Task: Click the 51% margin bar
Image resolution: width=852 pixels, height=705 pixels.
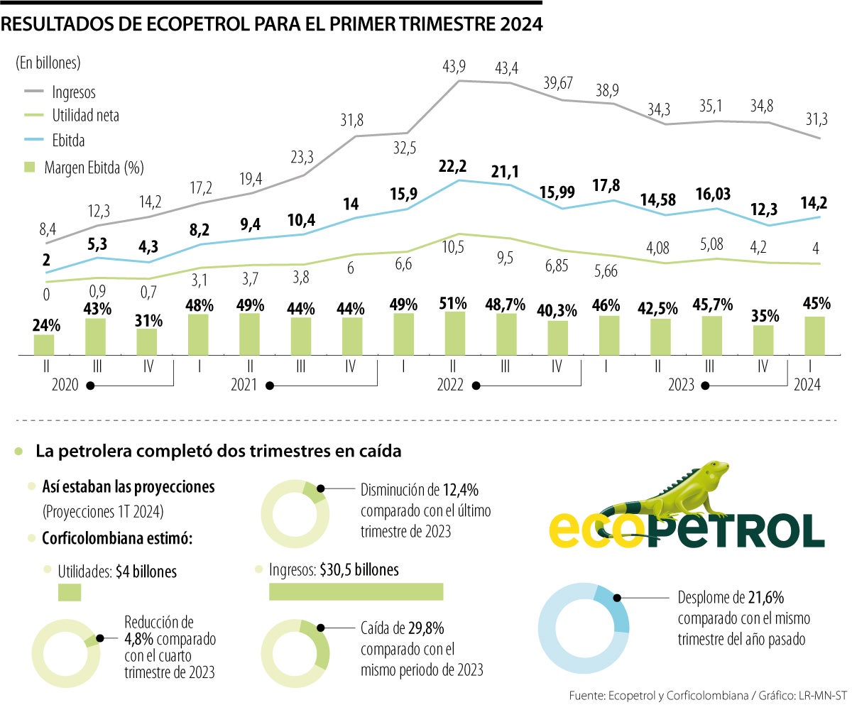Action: click(x=455, y=332)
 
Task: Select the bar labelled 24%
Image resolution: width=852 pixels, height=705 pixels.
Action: click(x=44, y=344)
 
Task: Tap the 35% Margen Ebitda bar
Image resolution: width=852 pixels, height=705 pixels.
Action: click(x=763, y=339)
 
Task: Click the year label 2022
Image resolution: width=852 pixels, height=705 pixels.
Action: click(x=449, y=386)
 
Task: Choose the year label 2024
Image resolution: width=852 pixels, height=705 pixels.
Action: click(x=808, y=385)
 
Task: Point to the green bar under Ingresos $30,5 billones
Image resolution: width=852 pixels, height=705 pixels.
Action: click(x=356, y=591)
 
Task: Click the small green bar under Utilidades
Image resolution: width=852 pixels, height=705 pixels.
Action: click(x=70, y=592)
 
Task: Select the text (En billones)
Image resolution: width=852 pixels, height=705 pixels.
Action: click(x=48, y=62)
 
